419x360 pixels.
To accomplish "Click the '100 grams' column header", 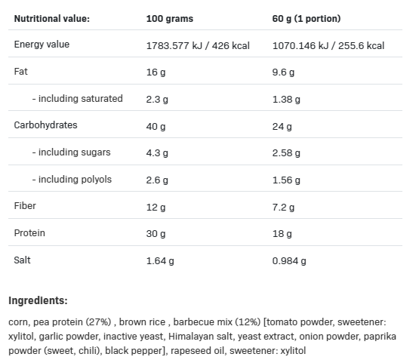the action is coord(170,19).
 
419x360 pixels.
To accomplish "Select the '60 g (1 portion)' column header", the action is coord(307,19).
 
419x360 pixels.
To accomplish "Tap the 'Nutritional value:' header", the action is coord(52,19).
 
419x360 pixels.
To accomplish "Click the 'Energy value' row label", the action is coord(42,45).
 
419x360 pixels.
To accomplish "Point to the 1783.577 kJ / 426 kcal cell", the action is coord(198,46).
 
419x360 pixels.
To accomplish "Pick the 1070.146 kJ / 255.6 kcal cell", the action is coord(328,46).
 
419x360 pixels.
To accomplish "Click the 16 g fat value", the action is coord(156,72).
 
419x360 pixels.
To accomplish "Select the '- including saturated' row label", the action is coord(78,99).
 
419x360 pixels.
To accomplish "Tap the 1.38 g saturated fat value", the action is coord(286,100).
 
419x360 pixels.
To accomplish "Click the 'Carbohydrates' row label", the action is coord(46,125).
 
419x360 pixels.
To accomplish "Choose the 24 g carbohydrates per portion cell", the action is coord(282,127).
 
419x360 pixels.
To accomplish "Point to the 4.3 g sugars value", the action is coord(157,153).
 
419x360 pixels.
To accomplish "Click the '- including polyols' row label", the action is coord(72,179).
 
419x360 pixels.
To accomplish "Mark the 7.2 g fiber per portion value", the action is coord(283,208).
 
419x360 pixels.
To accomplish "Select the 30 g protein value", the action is coord(156,234).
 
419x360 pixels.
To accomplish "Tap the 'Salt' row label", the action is coord(22,260).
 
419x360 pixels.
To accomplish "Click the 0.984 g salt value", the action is coord(289,261).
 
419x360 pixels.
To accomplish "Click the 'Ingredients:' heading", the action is coord(38,300).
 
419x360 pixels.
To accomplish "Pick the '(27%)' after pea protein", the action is coord(98,322).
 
